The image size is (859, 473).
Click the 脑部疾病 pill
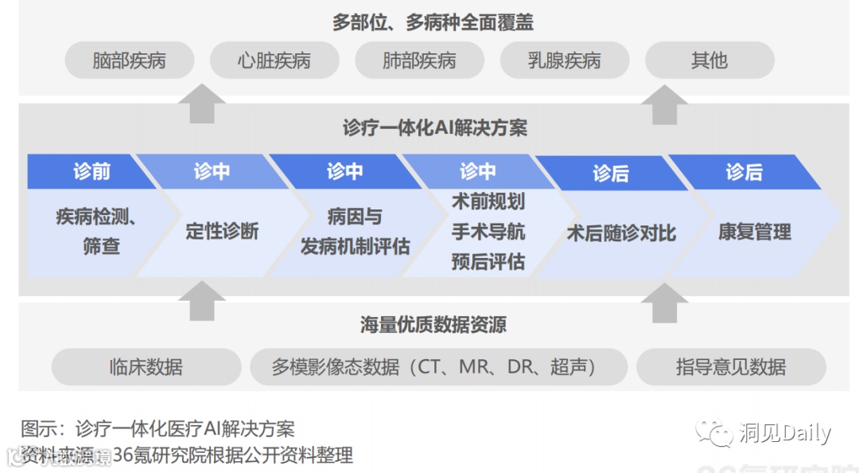130,61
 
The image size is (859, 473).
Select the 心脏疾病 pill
274,61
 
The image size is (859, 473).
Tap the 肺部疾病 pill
419,61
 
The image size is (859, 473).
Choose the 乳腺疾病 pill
565,61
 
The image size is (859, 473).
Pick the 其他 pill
709,61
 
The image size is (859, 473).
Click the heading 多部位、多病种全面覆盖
433,22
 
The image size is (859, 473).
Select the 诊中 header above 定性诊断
212,171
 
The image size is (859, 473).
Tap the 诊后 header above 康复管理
744,172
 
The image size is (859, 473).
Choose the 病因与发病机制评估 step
355,232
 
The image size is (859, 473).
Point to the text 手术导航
488,232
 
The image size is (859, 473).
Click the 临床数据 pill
146,367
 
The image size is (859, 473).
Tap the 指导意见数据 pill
731,367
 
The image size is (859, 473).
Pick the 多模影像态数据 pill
438,367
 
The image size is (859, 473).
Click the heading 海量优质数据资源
433,325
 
